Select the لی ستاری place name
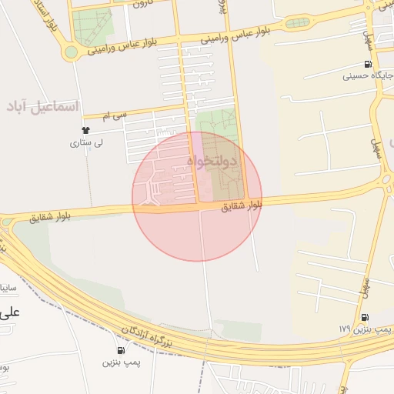click(x=86, y=142)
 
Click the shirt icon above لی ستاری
click(x=86, y=131)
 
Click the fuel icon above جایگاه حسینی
click(x=368, y=64)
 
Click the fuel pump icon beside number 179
click(x=363, y=317)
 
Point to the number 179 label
click(x=343, y=329)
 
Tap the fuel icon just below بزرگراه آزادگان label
click(x=122, y=350)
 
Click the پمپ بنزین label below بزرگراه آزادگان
click(x=122, y=362)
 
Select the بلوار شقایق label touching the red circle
click(x=242, y=205)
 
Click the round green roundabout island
click(x=71, y=52)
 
